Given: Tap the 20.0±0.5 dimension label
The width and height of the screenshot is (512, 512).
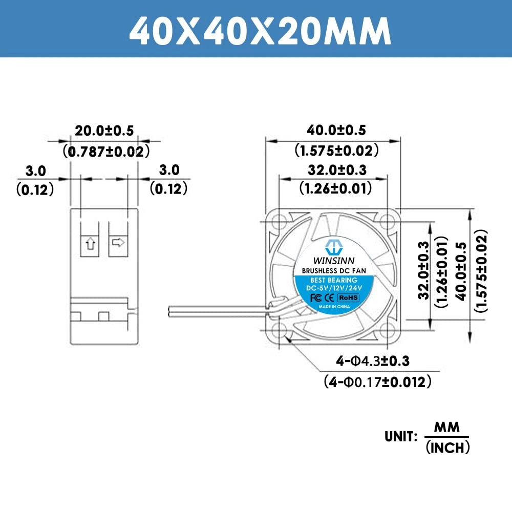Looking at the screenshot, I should point(104,131).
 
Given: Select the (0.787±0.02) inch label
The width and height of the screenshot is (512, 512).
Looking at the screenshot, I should point(106,152).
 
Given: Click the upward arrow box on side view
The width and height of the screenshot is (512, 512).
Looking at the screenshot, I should point(90,243).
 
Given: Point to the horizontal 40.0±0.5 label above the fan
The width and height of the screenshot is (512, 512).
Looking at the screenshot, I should point(336,131).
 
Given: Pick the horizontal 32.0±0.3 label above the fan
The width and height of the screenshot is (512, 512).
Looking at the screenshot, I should point(336,170).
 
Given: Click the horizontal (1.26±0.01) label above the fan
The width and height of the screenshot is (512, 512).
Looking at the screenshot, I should point(336,189).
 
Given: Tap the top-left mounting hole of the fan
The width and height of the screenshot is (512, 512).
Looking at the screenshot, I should point(279,222).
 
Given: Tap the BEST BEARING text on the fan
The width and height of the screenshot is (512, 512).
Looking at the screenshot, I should point(333,280).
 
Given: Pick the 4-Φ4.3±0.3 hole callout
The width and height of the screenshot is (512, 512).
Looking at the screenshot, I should point(373,361).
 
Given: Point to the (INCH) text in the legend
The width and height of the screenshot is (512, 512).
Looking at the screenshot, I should point(447,448).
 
